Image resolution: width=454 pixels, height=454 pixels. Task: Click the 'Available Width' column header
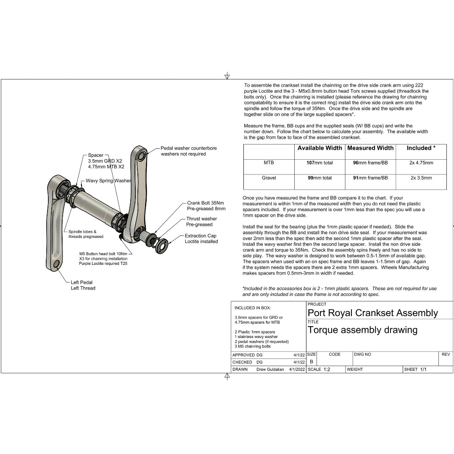(x=319, y=148)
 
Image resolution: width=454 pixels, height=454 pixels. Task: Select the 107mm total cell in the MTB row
(x=319, y=163)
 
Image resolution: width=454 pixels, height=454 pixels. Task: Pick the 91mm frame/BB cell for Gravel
(x=370, y=178)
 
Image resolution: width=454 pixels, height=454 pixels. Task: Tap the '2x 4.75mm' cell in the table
(x=421, y=163)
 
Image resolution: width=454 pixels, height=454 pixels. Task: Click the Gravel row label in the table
(x=269, y=178)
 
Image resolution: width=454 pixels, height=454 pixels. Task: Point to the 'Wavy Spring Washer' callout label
(x=108, y=181)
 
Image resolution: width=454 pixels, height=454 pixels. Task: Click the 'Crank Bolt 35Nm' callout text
(x=206, y=203)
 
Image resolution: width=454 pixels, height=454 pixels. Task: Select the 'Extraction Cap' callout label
(x=201, y=236)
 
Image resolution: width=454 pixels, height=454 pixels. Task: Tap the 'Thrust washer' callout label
(x=202, y=219)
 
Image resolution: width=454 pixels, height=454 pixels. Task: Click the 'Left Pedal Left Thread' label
(x=83, y=285)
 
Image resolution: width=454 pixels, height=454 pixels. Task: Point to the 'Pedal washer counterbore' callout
(x=189, y=148)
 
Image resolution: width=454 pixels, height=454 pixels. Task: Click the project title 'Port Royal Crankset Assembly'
(x=372, y=313)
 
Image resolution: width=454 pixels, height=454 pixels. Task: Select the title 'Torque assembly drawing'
(x=362, y=330)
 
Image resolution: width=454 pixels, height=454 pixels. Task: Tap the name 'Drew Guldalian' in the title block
(x=270, y=370)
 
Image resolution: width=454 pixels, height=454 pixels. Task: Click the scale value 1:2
(x=327, y=370)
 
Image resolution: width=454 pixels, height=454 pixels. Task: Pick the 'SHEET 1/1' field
(x=415, y=370)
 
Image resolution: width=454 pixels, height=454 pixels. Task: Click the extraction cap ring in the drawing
(x=162, y=246)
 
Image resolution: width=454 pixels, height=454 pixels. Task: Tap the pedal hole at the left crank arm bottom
(x=55, y=264)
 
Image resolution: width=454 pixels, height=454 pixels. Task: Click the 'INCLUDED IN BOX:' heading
(x=253, y=308)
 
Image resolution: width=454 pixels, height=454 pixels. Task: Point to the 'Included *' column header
(x=421, y=148)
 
